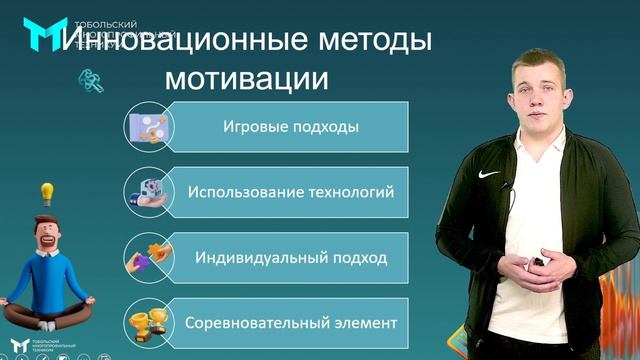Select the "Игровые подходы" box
[290, 127]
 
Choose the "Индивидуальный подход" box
[291, 258]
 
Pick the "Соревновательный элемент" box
[291, 323]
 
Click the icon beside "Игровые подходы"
[147, 127]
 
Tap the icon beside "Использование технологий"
[147, 192]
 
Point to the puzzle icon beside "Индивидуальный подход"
[147, 258]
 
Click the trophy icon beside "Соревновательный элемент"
[147, 323]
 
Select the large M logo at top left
[44, 34]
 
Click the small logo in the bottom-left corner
[18, 346]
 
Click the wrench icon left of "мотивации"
[93, 79]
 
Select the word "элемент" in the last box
[364, 323]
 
